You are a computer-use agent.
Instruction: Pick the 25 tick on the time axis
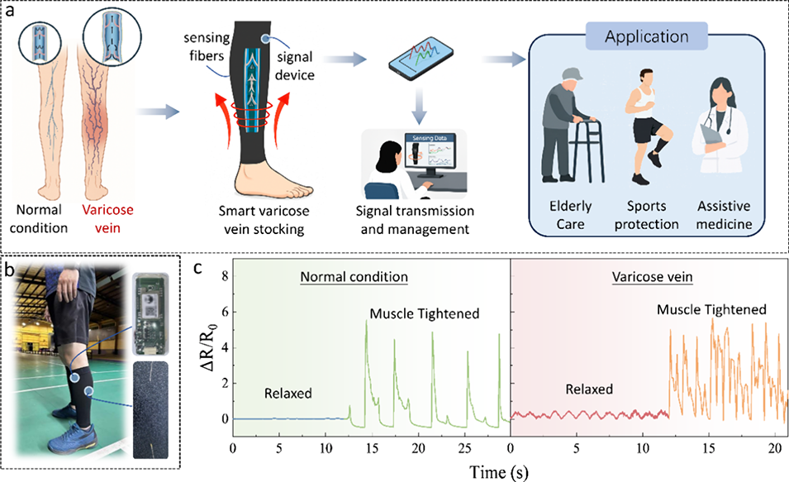click(x=465, y=448)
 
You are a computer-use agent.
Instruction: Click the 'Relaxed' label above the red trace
click(x=590, y=388)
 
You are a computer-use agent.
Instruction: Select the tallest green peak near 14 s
click(x=366, y=321)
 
